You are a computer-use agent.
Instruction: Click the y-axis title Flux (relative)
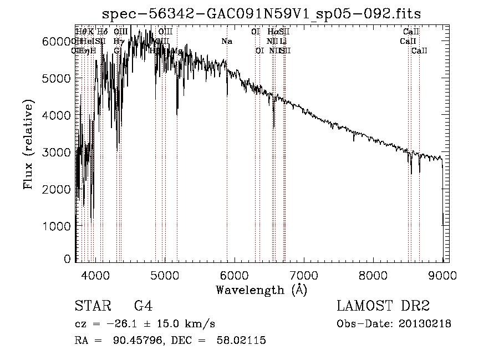[x=28, y=145]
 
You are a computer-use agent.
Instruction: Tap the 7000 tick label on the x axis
[x=303, y=275]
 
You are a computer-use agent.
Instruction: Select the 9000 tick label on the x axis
[x=442, y=275]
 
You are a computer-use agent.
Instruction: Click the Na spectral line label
[x=226, y=42]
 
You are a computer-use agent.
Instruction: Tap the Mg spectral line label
[x=177, y=51]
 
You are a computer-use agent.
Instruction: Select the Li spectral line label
[x=283, y=42]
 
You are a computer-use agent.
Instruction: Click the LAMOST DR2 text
[x=383, y=306]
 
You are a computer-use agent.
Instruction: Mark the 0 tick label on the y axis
[x=68, y=260]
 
